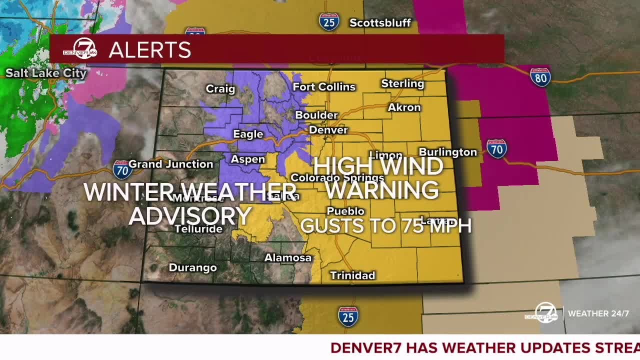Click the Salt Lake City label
click(x=46, y=73)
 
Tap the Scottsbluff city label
click(x=380, y=23)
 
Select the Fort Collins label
click(x=324, y=87)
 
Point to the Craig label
click(x=220, y=89)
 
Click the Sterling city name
click(x=402, y=83)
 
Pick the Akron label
click(x=404, y=107)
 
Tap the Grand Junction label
click(x=171, y=164)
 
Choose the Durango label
click(x=192, y=267)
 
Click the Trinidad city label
click(x=352, y=275)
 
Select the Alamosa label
click(x=288, y=258)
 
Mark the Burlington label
click(x=448, y=152)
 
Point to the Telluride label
click(x=198, y=229)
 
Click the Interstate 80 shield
click(x=540, y=77)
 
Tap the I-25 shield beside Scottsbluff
click(x=329, y=21)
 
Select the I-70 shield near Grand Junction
click(x=122, y=170)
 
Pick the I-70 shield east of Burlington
click(x=496, y=149)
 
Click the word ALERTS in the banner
click(x=150, y=50)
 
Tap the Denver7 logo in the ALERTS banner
click(x=80, y=49)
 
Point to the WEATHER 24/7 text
click(x=598, y=313)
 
